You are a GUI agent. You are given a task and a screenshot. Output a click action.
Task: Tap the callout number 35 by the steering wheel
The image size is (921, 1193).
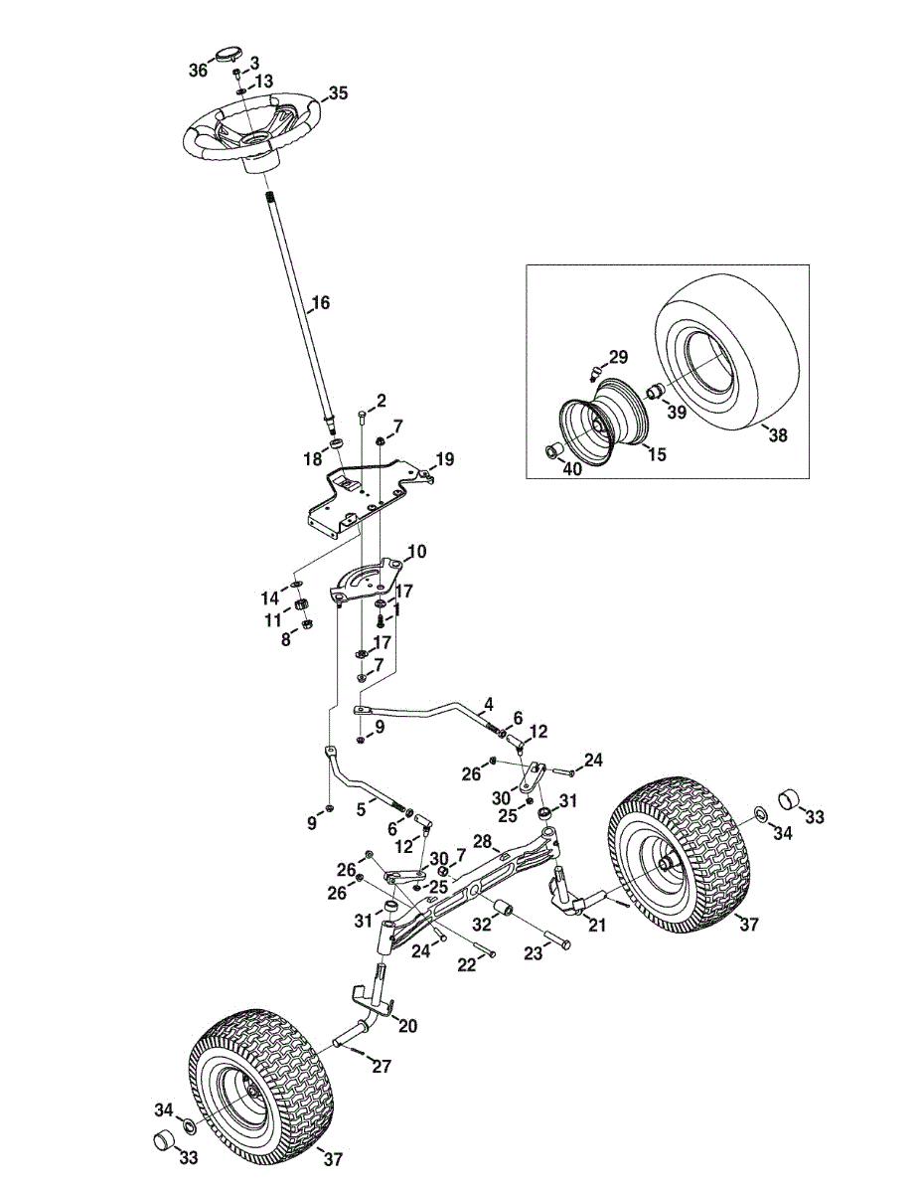(338, 93)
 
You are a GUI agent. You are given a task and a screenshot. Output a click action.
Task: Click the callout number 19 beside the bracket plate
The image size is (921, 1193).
(445, 459)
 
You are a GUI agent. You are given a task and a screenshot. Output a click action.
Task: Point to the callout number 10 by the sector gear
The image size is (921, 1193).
(416, 551)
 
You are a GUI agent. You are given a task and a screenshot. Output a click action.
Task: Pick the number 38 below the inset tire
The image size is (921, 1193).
(778, 435)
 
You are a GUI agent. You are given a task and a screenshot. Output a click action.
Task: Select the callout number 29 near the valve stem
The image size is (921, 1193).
(618, 358)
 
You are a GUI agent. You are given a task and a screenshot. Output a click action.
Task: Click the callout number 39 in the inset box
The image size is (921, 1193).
(677, 413)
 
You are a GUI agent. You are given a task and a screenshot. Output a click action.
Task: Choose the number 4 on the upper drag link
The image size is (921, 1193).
(489, 703)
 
